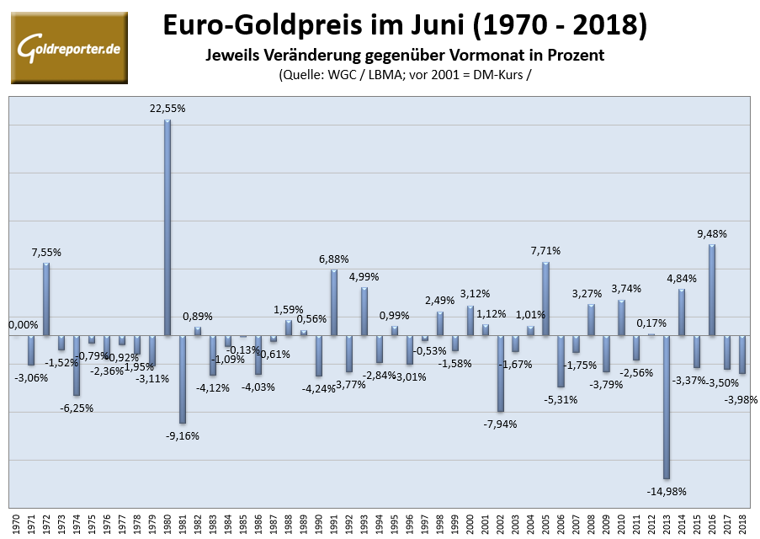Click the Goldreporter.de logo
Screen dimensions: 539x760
(68, 48)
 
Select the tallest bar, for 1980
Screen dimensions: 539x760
(167, 227)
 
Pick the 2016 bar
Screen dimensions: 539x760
(712, 290)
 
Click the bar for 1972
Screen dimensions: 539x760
(46, 299)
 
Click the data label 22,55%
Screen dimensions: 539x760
(167, 109)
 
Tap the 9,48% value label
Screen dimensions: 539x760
(711, 233)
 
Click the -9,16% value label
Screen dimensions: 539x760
(182, 435)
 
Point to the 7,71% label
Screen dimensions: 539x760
(545, 251)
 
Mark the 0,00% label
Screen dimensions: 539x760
(24, 325)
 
